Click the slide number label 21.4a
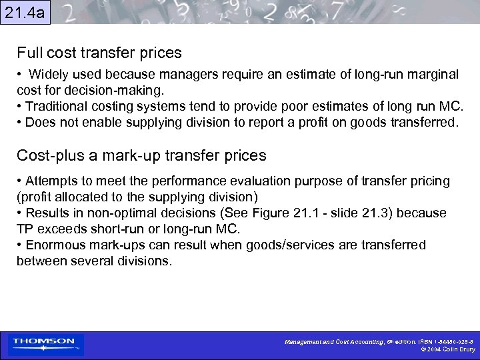pyautogui.click(x=25, y=12)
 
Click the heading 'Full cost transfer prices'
pyautogui.click(x=99, y=52)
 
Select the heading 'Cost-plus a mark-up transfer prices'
pyautogui.click(x=141, y=156)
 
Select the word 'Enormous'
pyautogui.click(x=53, y=245)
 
